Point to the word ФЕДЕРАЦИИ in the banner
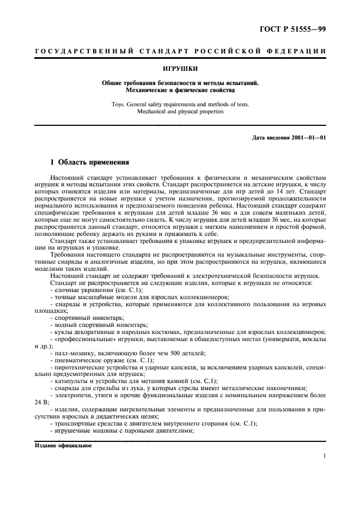tap(301, 51)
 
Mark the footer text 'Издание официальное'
tap(64, 445)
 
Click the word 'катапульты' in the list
tap(71, 381)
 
